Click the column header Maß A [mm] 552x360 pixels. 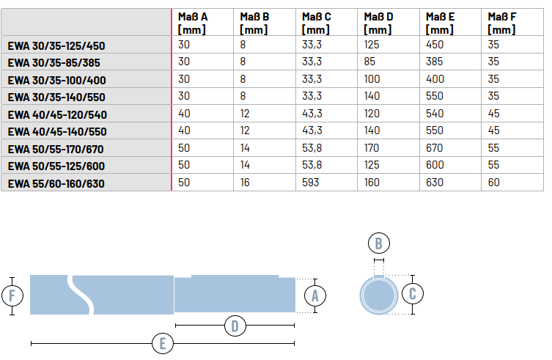[x=193, y=23]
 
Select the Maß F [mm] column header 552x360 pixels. [x=501, y=23]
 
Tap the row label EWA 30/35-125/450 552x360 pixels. [x=56, y=45]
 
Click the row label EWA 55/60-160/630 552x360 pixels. [x=56, y=183]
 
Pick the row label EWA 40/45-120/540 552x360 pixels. [x=57, y=115]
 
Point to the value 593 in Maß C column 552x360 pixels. [x=311, y=183]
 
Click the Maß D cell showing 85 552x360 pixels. [x=369, y=62]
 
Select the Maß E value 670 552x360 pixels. [x=435, y=148]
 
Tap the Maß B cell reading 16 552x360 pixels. [x=245, y=183]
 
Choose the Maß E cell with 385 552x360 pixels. [x=435, y=62]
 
